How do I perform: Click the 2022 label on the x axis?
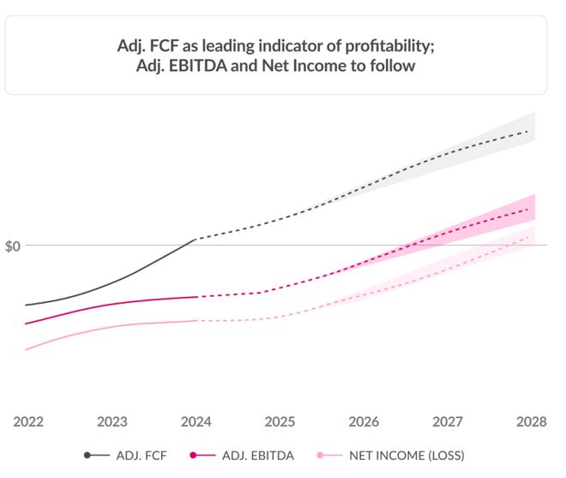click(x=28, y=422)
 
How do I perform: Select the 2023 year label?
click(x=112, y=422)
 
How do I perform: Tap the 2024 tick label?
click(x=196, y=422)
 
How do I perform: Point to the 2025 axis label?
click(x=280, y=422)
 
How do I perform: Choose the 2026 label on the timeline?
click(x=364, y=422)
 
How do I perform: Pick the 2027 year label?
click(x=449, y=422)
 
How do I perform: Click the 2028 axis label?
click(x=532, y=422)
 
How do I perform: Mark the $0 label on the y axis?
click(x=13, y=246)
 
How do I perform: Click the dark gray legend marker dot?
click(x=88, y=455)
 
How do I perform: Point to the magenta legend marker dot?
click(x=194, y=455)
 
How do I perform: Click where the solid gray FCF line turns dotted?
click(x=196, y=239)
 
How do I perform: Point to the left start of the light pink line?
click(x=26, y=349)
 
